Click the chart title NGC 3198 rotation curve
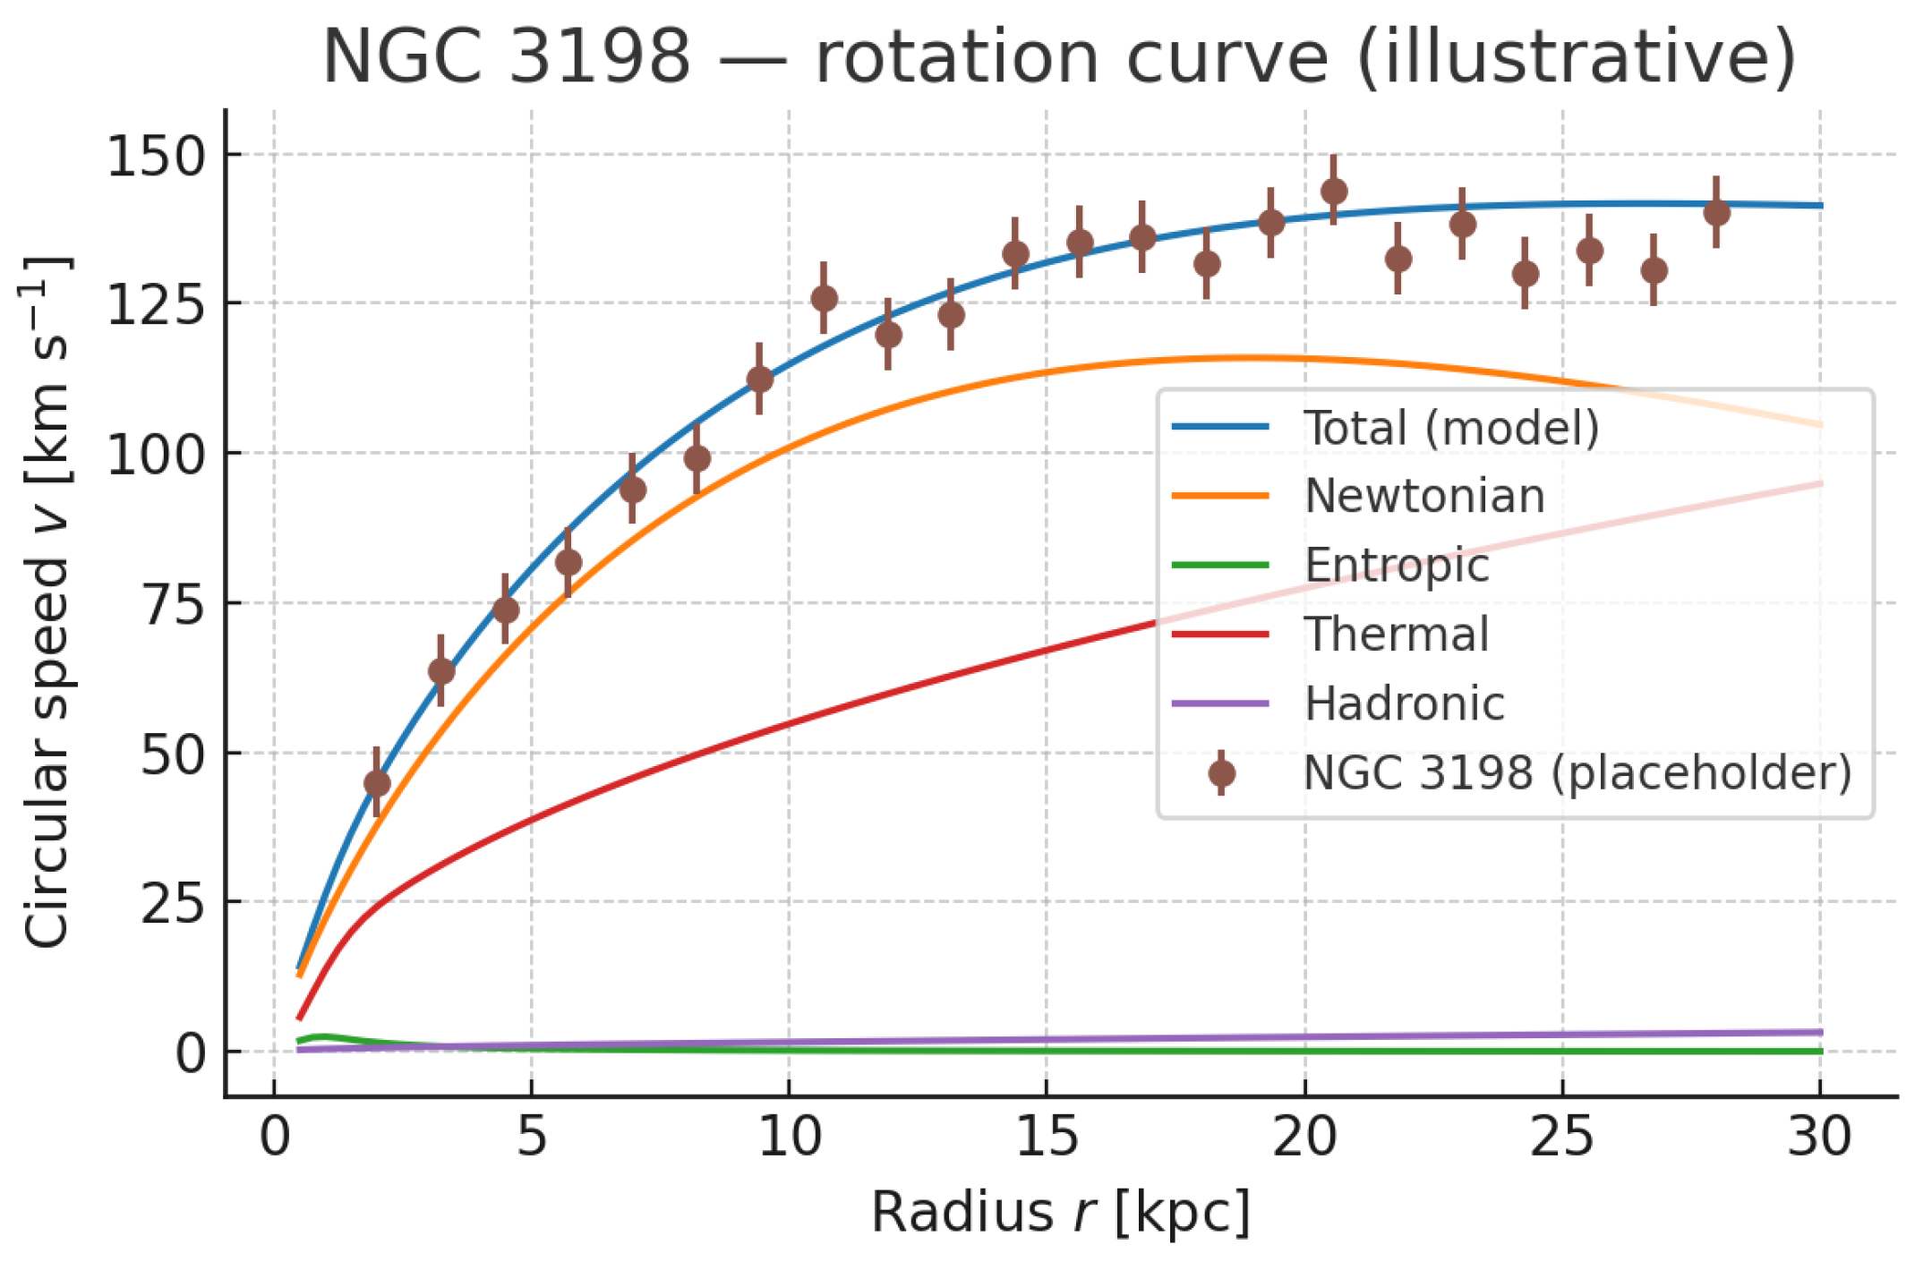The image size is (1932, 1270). tap(1058, 57)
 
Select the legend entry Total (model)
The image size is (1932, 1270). tap(1450, 428)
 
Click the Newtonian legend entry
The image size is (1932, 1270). tap(1423, 496)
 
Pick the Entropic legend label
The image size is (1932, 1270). tap(1396, 565)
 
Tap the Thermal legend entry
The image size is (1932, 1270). tap(1396, 635)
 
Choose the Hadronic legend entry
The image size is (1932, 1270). tap(1404, 703)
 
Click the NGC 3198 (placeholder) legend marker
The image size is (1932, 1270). tap(1221, 773)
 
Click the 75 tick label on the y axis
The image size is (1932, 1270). tap(174, 604)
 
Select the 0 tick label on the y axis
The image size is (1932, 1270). tap(191, 1053)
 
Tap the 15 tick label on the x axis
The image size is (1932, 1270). tap(1047, 1138)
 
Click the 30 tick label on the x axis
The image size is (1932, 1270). tap(1819, 1138)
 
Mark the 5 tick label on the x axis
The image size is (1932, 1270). tap(531, 1138)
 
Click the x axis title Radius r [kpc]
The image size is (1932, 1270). tap(1060, 1213)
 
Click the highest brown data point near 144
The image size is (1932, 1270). tap(1334, 191)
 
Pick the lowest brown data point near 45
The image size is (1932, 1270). tap(377, 783)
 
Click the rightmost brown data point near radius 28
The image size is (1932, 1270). tap(1716, 212)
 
